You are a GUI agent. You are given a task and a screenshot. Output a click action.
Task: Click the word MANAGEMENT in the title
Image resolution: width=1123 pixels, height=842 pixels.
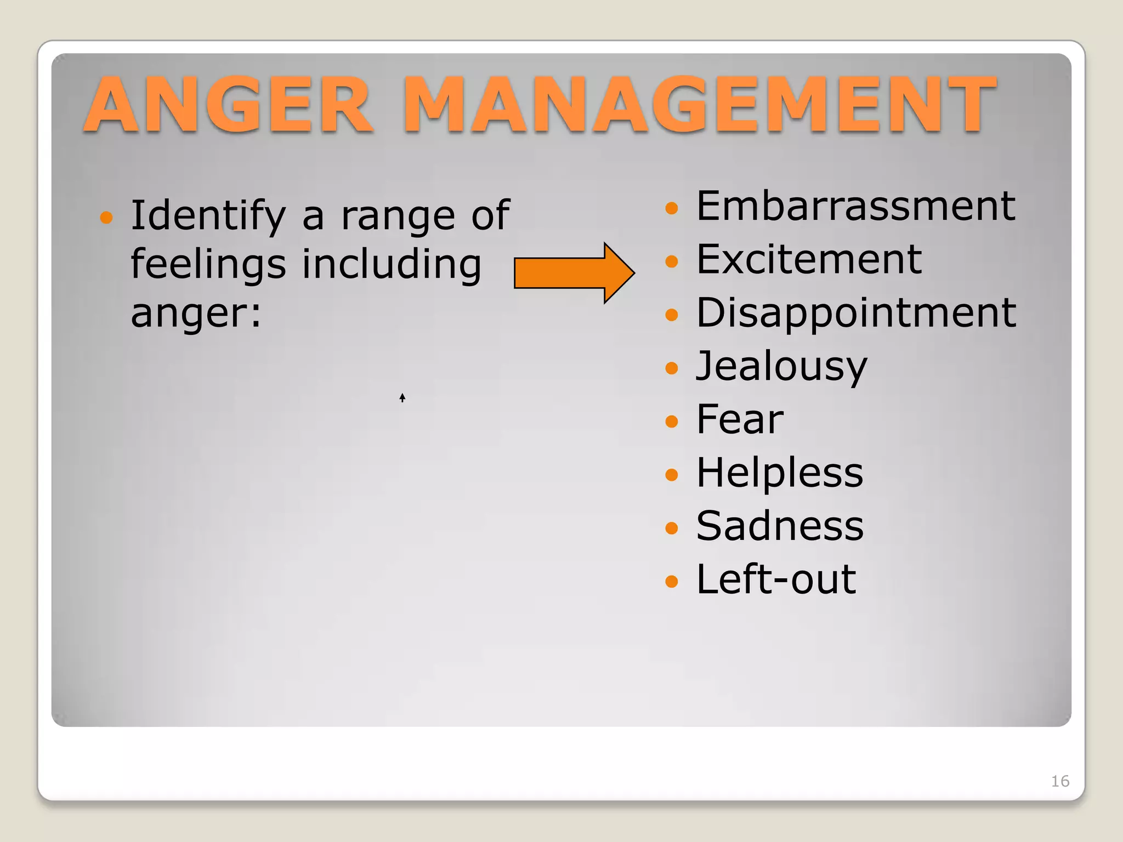point(700,105)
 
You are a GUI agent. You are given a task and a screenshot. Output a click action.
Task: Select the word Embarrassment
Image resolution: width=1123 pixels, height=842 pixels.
point(855,206)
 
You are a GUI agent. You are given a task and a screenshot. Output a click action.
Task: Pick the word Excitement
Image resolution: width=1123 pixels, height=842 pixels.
point(809,259)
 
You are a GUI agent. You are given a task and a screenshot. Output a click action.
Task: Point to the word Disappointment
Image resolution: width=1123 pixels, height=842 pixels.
point(856,313)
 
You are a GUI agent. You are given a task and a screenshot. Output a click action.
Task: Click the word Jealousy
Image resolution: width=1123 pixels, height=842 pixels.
point(781,366)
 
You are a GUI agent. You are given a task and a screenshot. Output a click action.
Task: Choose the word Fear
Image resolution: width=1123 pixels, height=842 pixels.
point(740,419)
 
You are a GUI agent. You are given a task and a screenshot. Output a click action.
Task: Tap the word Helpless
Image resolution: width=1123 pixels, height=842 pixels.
point(779,473)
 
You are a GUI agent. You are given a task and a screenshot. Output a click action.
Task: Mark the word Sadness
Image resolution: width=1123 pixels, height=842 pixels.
point(780,526)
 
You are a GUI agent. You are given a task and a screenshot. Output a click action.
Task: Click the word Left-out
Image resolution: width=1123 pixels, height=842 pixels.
point(776,579)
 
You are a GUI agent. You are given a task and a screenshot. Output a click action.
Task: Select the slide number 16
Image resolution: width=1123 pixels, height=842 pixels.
point(1060,781)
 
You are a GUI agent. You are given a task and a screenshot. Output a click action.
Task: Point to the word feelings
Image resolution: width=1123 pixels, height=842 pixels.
point(208,265)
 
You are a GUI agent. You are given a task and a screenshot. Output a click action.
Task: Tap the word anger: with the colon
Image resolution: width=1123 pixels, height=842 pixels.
point(196,314)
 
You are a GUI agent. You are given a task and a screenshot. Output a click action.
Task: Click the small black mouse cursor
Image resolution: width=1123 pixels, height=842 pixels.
point(402,397)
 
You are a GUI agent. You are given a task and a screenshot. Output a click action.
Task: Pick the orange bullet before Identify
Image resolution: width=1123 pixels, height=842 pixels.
point(106,218)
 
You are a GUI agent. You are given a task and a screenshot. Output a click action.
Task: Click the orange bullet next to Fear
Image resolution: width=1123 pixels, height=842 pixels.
point(672,421)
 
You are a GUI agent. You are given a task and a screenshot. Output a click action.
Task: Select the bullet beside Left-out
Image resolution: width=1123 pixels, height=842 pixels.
point(672,581)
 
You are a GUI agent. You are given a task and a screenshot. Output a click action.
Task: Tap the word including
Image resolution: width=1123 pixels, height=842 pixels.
point(392,265)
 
